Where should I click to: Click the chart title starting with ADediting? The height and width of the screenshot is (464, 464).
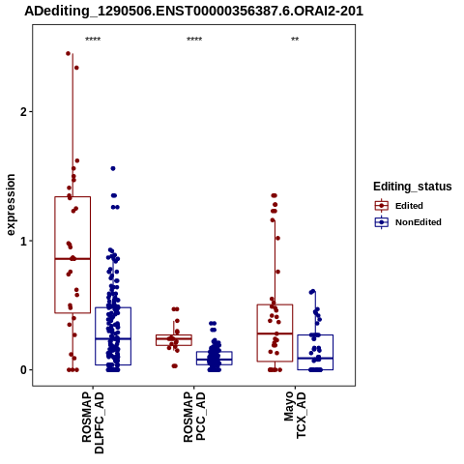[194, 12]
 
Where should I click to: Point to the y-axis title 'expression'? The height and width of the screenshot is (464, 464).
[11, 205]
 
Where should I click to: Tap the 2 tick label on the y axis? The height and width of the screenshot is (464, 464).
[22, 112]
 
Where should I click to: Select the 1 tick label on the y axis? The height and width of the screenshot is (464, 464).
[23, 241]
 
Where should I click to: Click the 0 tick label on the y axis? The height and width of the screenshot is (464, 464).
[23, 370]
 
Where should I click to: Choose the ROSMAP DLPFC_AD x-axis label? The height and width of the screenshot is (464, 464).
[93, 422]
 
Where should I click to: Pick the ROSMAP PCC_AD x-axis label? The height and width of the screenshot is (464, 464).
[194, 417]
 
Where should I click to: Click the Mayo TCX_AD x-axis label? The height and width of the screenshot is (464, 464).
[295, 415]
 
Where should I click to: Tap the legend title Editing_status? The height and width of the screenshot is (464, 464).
[413, 187]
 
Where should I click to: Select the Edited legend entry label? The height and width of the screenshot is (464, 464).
[409, 206]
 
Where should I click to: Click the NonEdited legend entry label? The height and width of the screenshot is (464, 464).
[419, 222]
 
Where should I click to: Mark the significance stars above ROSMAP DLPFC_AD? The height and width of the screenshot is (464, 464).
[93, 40]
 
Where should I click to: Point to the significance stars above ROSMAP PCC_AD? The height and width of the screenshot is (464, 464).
[194, 40]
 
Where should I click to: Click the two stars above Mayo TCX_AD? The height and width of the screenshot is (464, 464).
[295, 40]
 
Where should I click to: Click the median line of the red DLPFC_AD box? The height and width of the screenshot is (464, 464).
[72, 259]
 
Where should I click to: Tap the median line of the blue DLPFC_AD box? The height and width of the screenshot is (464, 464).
[113, 338]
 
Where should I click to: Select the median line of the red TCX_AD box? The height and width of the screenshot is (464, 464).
[275, 333]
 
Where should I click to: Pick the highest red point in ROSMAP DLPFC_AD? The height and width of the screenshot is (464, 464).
[68, 53]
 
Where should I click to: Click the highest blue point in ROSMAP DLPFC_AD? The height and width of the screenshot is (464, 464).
[113, 168]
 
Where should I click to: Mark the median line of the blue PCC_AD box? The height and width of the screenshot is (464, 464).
[215, 360]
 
